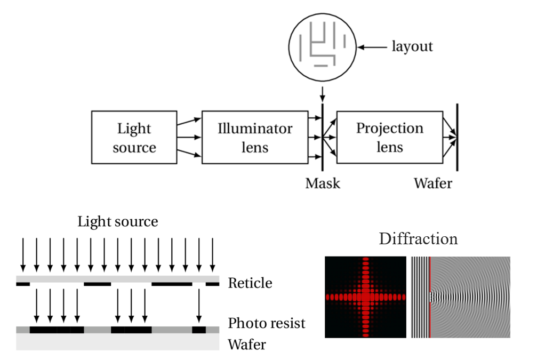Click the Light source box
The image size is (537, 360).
pyautogui.click(x=134, y=138)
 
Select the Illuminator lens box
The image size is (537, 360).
pyautogui.click(x=255, y=138)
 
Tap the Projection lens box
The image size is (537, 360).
pyautogui.click(x=389, y=138)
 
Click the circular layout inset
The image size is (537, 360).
pyautogui.click(x=322, y=47)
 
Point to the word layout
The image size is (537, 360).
pyautogui.click(x=412, y=47)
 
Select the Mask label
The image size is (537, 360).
pyautogui.click(x=323, y=183)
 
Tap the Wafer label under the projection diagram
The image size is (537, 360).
pyautogui.click(x=432, y=183)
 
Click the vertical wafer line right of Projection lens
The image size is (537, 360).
pyautogui.click(x=457, y=137)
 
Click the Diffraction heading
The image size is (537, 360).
pyautogui.click(x=418, y=238)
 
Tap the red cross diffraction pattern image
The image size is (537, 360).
pyautogui.click(x=365, y=297)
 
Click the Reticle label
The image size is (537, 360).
pyautogui.click(x=250, y=283)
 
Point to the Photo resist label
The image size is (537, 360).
pyautogui.click(x=267, y=323)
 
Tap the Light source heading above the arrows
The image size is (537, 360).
pyautogui.click(x=118, y=221)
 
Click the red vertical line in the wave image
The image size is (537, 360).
pyautogui.click(x=430, y=297)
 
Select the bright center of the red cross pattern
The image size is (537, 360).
pyautogui.click(x=365, y=297)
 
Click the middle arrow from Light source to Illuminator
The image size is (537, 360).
pyautogui.click(x=189, y=138)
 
